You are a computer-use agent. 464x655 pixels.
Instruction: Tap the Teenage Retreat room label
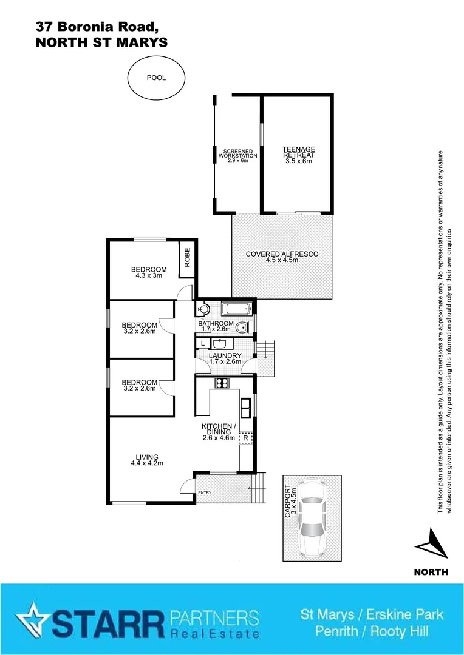(x=298, y=155)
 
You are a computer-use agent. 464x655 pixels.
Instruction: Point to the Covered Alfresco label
(x=282, y=257)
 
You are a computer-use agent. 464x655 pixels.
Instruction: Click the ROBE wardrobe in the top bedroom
(x=187, y=259)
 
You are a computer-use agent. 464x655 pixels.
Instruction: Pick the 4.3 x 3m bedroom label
(x=149, y=272)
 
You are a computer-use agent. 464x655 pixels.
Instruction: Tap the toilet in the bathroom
(x=242, y=328)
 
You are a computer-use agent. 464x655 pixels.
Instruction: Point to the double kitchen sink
(x=246, y=407)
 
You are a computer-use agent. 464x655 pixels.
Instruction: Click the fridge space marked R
(x=245, y=437)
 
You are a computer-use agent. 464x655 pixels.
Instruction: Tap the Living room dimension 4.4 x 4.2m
(x=147, y=463)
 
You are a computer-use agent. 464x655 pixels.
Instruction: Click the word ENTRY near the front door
(x=205, y=492)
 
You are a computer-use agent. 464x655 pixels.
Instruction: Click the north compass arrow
(x=431, y=543)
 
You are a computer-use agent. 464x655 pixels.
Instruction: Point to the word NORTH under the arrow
(x=431, y=572)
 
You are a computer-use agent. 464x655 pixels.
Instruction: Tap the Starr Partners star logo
(x=31, y=620)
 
